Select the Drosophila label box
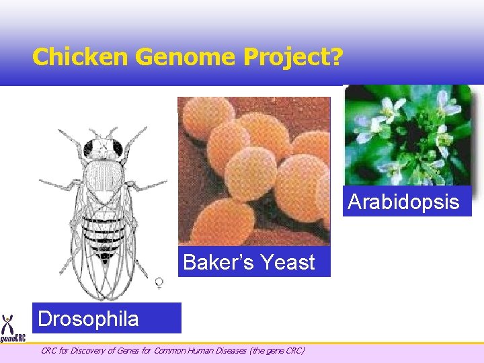(x=106, y=318)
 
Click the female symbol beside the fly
(x=159, y=283)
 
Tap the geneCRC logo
(x=12, y=329)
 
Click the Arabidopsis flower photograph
(x=407, y=134)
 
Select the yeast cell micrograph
(x=254, y=171)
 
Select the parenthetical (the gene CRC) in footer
(x=278, y=350)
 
